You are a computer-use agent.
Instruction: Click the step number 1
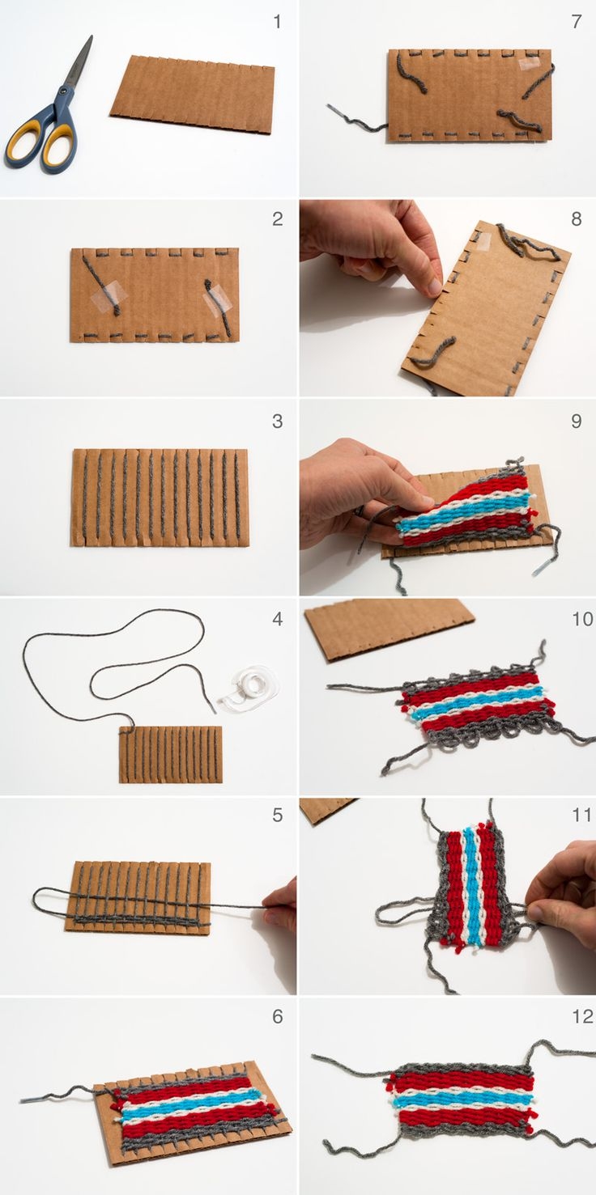coord(277,22)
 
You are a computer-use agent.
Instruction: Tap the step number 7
coord(577,22)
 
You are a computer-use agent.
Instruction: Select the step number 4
coord(277,619)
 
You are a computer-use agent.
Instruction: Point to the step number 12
coord(583,1016)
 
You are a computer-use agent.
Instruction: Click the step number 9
coord(577,421)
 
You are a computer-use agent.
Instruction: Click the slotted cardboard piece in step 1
coord(192,95)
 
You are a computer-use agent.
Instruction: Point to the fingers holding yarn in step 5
coord(279,908)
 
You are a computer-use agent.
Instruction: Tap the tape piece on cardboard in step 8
coord(483,241)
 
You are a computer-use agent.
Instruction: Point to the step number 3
coord(277,421)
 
